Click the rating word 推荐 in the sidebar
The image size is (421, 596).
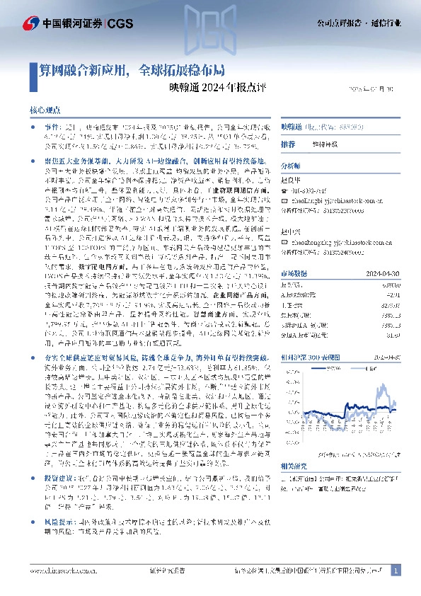coord(288,144)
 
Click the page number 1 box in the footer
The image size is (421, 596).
coord(396,570)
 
